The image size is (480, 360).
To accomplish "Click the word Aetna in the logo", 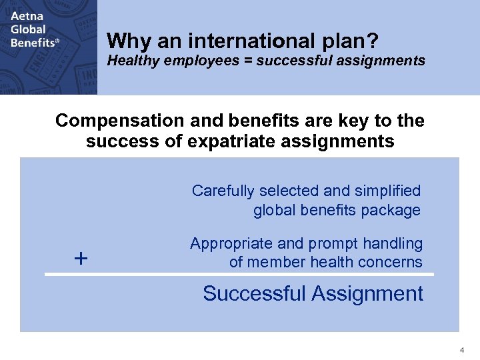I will (x=26, y=16).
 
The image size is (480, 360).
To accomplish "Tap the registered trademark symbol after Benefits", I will (x=57, y=41).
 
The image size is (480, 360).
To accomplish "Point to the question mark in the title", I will (x=373, y=42).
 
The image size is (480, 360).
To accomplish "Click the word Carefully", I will (x=223, y=191).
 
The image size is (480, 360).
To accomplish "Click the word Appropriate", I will (x=229, y=243).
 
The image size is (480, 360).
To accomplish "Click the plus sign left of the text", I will (x=81, y=258).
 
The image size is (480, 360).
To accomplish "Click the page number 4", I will (x=461, y=350).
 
